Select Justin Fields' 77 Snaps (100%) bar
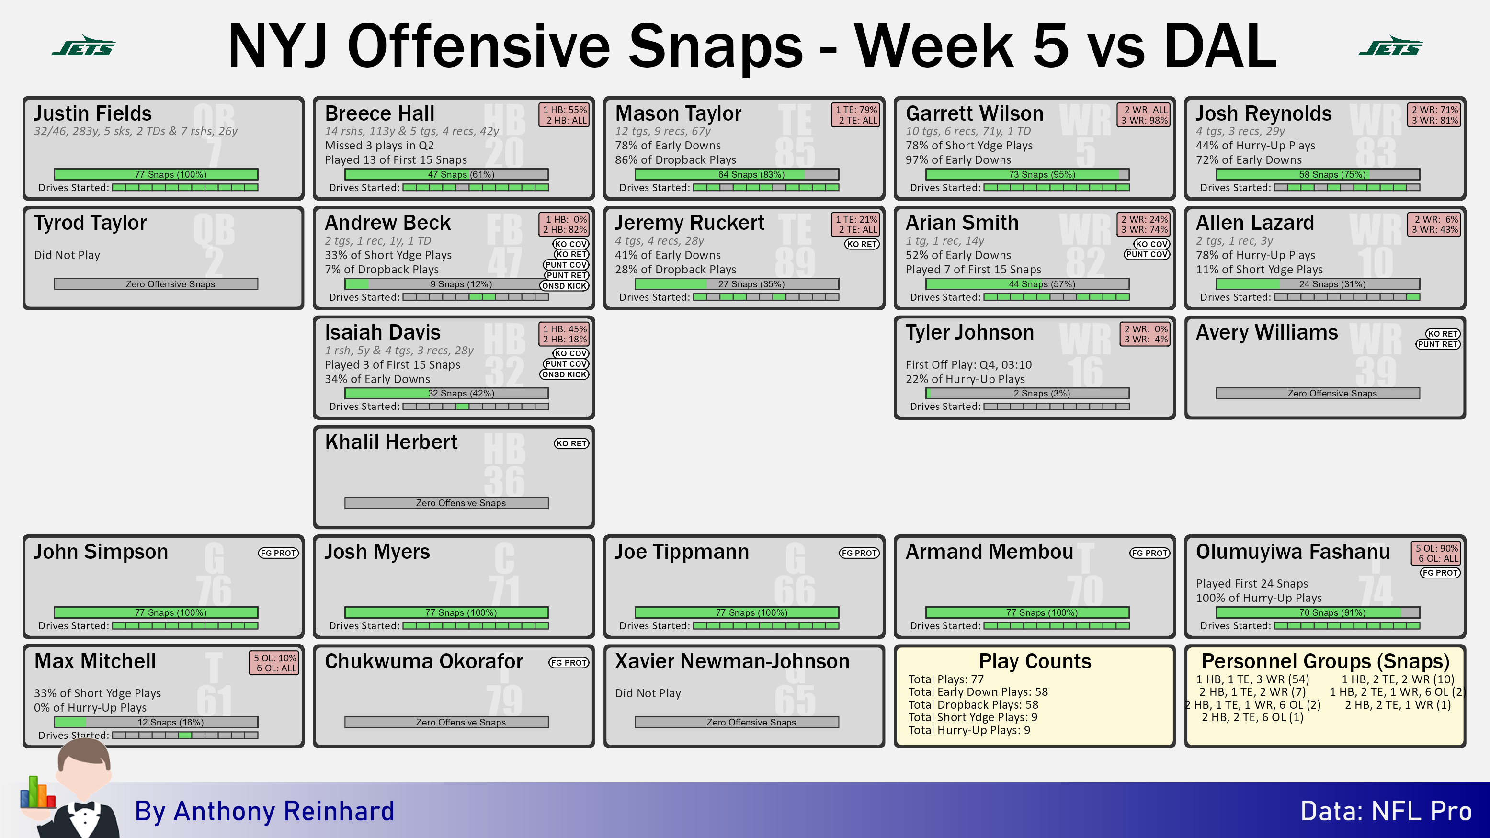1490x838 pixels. click(156, 174)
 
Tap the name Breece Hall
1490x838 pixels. click(379, 113)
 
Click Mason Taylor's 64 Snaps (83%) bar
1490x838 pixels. click(737, 174)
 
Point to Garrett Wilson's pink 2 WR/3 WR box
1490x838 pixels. click(1145, 115)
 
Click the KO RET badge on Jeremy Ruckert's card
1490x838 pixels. click(861, 244)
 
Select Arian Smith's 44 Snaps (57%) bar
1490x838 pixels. click(1027, 284)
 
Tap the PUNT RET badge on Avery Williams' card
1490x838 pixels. click(1437, 344)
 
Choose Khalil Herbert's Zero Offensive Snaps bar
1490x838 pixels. click(446, 503)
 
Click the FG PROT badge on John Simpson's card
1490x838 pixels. click(278, 553)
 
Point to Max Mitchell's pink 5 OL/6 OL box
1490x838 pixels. click(275, 663)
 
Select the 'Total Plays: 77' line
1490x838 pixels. click(946, 679)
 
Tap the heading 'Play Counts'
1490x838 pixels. click(1035, 661)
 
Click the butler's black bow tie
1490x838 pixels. click(84, 806)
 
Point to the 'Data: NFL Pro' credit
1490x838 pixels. click(1386, 811)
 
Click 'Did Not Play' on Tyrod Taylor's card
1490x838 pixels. click(67, 255)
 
